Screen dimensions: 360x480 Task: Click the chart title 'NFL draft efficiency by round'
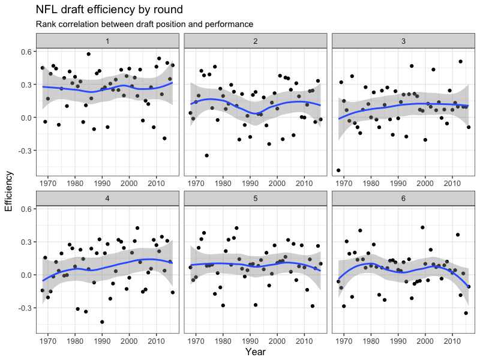[x=109, y=10]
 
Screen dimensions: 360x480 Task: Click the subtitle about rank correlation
[x=144, y=25]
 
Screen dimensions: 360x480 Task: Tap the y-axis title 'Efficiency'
[x=8, y=191]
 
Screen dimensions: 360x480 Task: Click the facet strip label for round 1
[x=108, y=40]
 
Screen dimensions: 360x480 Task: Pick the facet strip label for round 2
[x=256, y=40]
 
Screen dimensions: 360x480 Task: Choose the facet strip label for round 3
[x=403, y=40]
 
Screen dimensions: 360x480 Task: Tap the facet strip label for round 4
[x=108, y=197]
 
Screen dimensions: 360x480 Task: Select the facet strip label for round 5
[x=256, y=197]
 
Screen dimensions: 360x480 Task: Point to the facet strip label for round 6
[x=403, y=197]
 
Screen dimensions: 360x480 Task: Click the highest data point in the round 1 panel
[x=88, y=54]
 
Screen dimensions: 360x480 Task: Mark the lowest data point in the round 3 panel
[x=338, y=170]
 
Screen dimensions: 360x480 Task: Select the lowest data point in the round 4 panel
[x=102, y=322]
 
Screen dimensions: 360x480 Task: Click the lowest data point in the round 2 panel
[x=206, y=155]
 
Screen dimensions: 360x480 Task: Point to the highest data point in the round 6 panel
[x=422, y=227]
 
